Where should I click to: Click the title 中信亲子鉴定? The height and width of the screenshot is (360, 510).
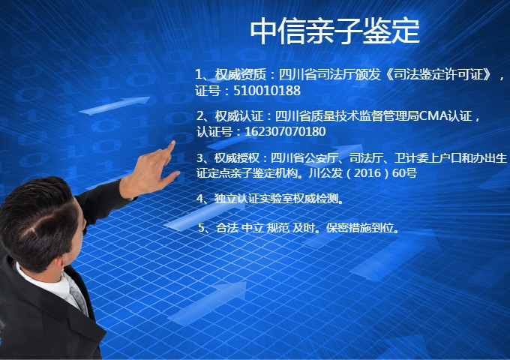[x=334, y=31]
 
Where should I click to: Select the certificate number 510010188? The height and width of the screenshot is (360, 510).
[x=267, y=91]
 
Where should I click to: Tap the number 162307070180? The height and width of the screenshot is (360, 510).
[x=285, y=132]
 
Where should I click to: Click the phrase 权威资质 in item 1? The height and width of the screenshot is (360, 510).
[x=240, y=75]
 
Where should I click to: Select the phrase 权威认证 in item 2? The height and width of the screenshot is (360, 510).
[x=239, y=116]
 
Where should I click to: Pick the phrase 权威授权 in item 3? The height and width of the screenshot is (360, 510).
[x=237, y=158]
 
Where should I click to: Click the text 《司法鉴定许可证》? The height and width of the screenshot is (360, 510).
[x=439, y=75]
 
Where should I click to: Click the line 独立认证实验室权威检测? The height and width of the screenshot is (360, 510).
[x=277, y=198]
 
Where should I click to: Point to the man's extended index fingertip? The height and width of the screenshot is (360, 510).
[x=172, y=143]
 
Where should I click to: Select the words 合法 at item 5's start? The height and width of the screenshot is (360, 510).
[x=227, y=228]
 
